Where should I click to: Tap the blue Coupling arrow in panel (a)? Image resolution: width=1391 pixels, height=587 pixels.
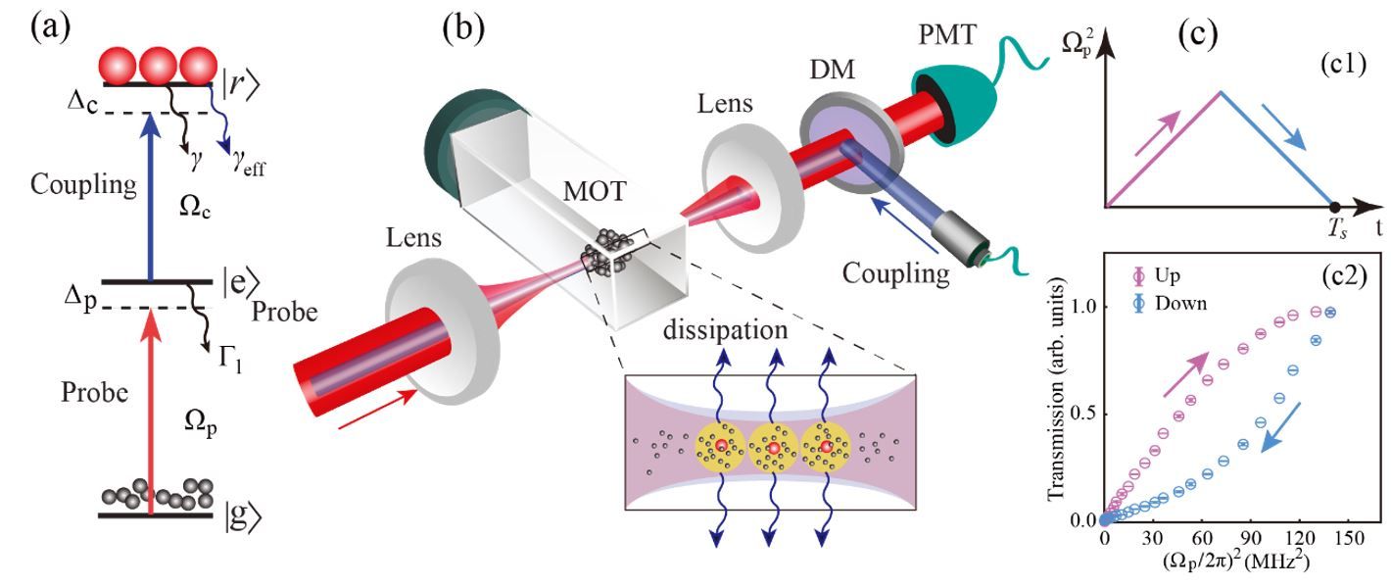pos(150,195)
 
